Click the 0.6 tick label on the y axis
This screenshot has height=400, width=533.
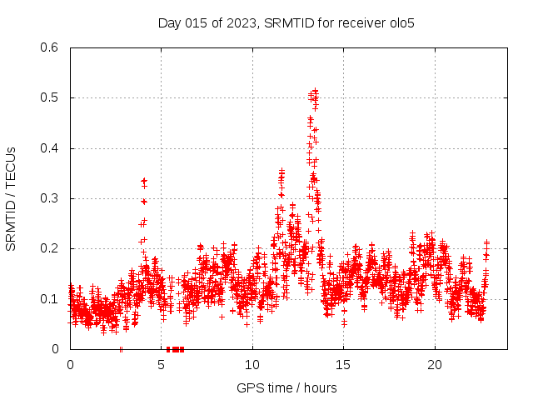click(51, 47)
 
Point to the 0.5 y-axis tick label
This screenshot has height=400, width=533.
click(51, 97)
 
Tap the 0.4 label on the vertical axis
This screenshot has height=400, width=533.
click(51, 148)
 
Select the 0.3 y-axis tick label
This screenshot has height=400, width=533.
click(51, 198)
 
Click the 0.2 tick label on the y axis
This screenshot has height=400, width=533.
click(51, 248)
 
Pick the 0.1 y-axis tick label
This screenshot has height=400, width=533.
click(51, 298)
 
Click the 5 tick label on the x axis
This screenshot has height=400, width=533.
click(162, 365)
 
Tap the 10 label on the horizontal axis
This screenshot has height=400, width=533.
click(252, 365)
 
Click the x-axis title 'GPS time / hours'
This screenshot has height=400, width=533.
click(287, 387)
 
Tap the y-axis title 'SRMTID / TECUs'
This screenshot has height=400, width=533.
click(11, 198)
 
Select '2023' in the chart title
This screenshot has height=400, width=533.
click(242, 22)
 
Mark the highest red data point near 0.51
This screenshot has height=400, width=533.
click(315, 91)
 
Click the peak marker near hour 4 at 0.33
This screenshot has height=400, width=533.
click(144, 181)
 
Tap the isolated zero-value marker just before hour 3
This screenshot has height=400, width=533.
click(122, 348)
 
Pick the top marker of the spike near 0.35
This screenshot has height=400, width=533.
click(281, 172)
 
